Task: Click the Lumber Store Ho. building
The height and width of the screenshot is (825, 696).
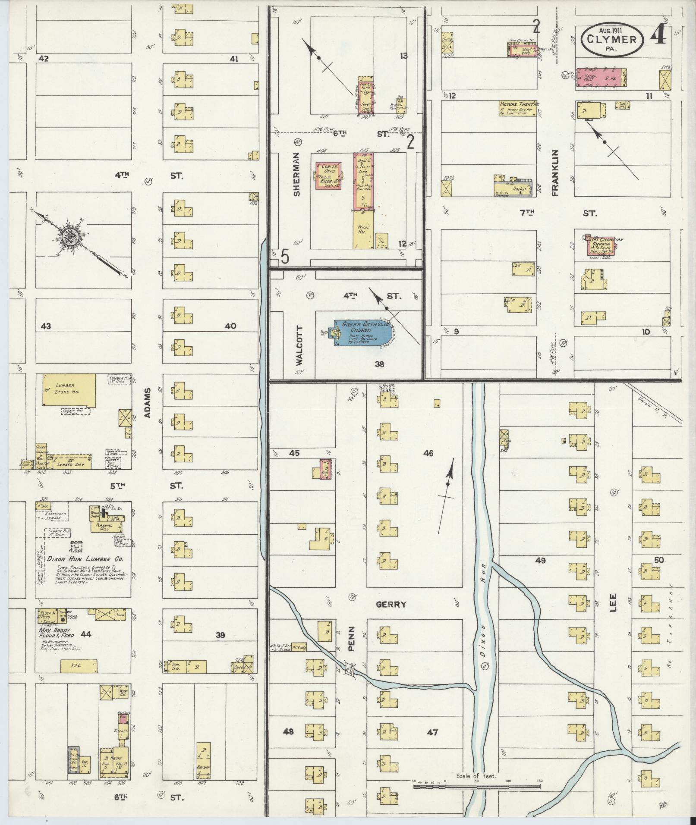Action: click(x=69, y=389)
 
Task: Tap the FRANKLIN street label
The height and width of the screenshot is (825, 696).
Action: click(x=554, y=173)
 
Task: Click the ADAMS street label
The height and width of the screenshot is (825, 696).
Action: click(x=148, y=402)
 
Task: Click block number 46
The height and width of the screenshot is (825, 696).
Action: click(x=428, y=453)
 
